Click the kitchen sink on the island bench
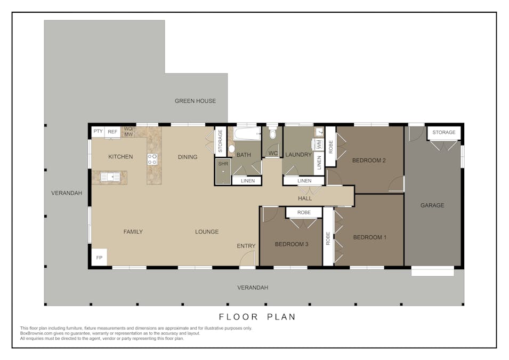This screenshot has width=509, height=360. [x=110, y=176]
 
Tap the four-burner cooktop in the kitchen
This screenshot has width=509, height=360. [x=152, y=158]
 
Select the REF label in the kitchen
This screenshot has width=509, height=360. [x=112, y=132]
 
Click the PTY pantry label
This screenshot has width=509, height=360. [x=98, y=131]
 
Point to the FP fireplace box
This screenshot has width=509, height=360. [x=99, y=257]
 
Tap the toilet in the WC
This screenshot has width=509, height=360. [x=273, y=133]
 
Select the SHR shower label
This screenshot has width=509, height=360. [x=223, y=164]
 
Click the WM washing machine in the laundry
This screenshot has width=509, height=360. [x=318, y=144]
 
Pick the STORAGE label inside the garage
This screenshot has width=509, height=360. [x=443, y=132]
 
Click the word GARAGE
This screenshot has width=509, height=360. [x=432, y=205]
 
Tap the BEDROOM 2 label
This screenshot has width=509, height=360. [x=369, y=160]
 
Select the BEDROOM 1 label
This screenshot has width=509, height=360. [x=369, y=237]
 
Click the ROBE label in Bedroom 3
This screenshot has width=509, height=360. [x=304, y=212]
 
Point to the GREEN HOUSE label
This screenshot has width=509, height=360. [x=195, y=101]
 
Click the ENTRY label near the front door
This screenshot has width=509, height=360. [x=246, y=246]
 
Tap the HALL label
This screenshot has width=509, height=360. [x=305, y=198]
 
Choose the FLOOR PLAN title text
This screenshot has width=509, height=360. [x=257, y=317]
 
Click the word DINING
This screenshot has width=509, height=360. [x=188, y=157]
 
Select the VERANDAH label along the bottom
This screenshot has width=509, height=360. [x=253, y=287]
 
